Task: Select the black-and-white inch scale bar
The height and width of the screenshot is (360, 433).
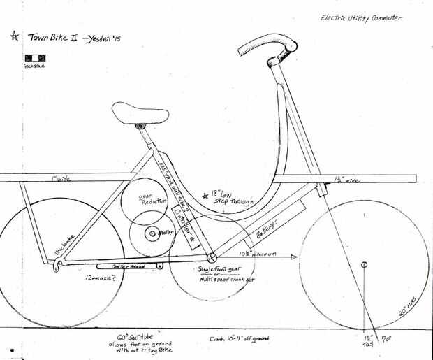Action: coord(33,57)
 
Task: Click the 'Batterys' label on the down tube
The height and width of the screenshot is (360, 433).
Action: coord(267,225)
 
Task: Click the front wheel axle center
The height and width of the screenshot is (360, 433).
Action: coord(363,264)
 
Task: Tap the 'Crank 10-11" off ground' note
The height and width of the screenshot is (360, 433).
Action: coord(239,339)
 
